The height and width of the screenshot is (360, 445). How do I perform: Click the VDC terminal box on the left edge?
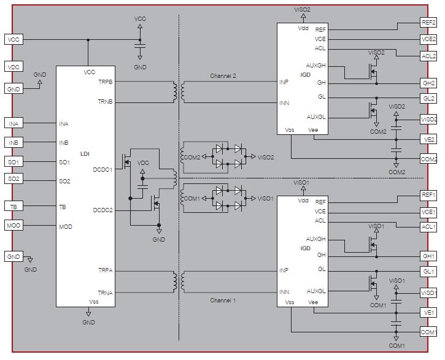[x=14, y=67]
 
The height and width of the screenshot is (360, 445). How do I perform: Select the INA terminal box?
[x=14, y=123]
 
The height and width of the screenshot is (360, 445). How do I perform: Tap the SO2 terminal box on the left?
[x=14, y=178]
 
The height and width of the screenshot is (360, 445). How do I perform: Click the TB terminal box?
[x=14, y=206]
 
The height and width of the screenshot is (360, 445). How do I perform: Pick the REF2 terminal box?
[x=428, y=22]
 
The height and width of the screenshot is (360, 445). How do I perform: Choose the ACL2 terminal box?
[x=428, y=56]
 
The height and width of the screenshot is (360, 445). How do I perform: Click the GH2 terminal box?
[x=428, y=83]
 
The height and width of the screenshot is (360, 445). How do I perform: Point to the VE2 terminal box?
[x=428, y=139]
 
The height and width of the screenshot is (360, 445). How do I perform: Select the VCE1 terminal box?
[x=428, y=212]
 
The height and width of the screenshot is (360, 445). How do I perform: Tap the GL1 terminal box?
[x=428, y=271]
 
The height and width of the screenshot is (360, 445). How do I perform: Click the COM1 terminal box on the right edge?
[x=428, y=331]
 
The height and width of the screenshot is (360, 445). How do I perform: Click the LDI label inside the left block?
[x=85, y=154]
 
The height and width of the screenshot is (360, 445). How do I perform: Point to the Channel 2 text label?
[x=223, y=75]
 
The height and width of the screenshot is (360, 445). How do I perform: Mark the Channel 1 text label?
[x=223, y=300]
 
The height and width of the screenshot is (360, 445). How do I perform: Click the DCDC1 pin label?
[x=103, y=169]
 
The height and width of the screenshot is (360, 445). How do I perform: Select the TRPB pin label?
[x=106, y=82]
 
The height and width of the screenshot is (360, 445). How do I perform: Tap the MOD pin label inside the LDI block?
[x=66, y=226]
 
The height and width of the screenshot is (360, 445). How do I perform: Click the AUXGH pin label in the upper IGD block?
[x=315, y=65]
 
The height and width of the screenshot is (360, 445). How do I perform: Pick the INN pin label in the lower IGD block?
[x=284, y=292]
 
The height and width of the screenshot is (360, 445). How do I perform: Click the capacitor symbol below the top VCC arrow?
[x=140, y=46]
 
